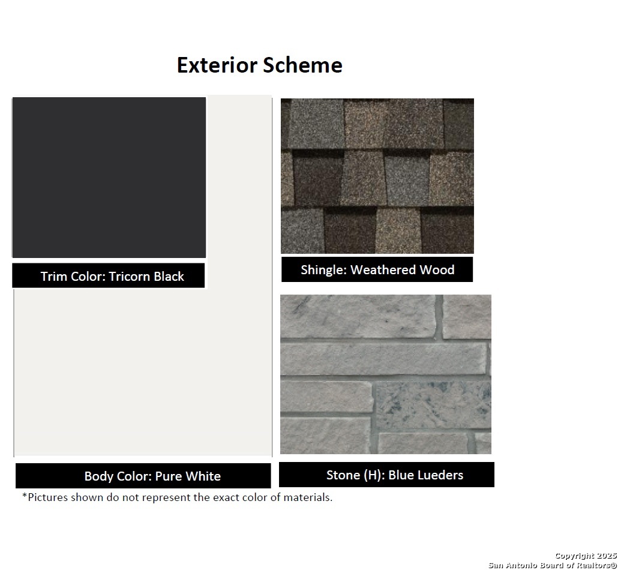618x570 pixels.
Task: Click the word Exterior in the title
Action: coord(217,65)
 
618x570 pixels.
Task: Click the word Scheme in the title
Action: coord(302,65)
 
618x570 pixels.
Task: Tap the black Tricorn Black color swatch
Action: coord(109,178)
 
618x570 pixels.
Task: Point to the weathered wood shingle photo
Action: coord(377,176)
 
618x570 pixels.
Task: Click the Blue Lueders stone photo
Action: coord(386,374)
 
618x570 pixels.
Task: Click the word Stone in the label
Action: coord(343,475)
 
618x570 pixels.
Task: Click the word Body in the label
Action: coord(99,476)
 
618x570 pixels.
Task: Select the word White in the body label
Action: coord(203,476)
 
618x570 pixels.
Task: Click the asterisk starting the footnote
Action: coord(25,496)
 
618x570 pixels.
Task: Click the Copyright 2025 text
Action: coord(586,556)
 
